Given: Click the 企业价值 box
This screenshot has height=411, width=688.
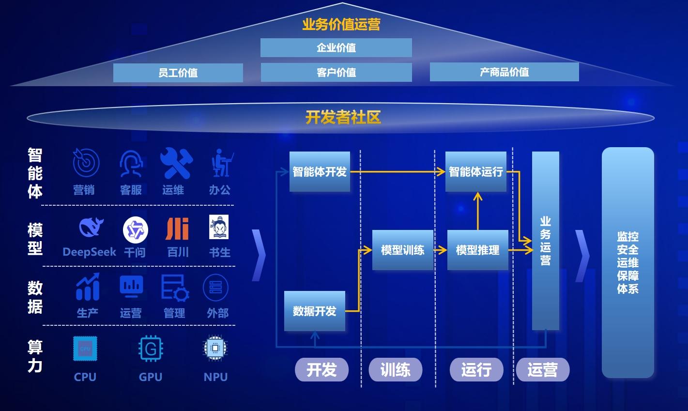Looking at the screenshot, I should [336, 48].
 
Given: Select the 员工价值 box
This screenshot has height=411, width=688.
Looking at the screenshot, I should [178, 73].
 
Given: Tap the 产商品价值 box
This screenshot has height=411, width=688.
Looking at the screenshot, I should [504, 72].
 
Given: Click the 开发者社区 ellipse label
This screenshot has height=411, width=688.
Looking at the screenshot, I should [343, 117].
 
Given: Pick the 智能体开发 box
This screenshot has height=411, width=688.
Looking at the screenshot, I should [320, 171].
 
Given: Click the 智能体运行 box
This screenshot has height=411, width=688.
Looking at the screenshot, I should [475, 171].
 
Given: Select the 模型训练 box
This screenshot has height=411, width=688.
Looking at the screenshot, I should [402, 250].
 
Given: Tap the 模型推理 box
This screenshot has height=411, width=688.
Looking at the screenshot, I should [477, 250].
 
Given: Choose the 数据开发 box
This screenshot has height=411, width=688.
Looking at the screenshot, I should [314, 311].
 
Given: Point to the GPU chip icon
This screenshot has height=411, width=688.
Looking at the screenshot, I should [151, 349].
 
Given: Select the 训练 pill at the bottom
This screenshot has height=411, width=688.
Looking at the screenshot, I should [395, 370].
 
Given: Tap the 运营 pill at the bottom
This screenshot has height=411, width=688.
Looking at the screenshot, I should [542, 370].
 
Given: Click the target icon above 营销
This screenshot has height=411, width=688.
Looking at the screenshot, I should [86, 163].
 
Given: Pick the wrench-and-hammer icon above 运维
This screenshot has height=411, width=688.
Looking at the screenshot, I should [176, 163].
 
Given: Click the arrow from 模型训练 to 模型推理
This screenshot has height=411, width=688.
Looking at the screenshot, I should [440, 250].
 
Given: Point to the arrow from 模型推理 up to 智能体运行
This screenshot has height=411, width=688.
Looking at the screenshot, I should [478, 211].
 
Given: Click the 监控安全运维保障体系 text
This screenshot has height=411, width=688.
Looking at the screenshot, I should [627, 263].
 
